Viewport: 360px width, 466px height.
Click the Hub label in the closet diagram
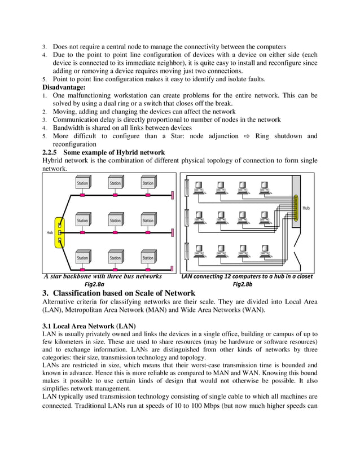coord(306,208)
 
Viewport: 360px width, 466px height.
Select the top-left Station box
coord(83,183)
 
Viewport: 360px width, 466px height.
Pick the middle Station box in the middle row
coord(115,220)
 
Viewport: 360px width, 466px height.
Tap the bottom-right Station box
coord(148,257)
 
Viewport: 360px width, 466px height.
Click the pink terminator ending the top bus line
coord(172,196)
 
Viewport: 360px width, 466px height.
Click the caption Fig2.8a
coord(94,285)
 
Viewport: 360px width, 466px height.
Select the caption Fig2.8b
coord(243,285)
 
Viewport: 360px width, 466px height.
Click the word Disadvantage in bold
coord(64,87)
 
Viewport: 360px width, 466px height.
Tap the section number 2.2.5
coord(51,152)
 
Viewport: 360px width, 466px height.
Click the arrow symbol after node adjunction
coord(246,136)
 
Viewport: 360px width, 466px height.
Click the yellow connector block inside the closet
coord(294,207)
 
